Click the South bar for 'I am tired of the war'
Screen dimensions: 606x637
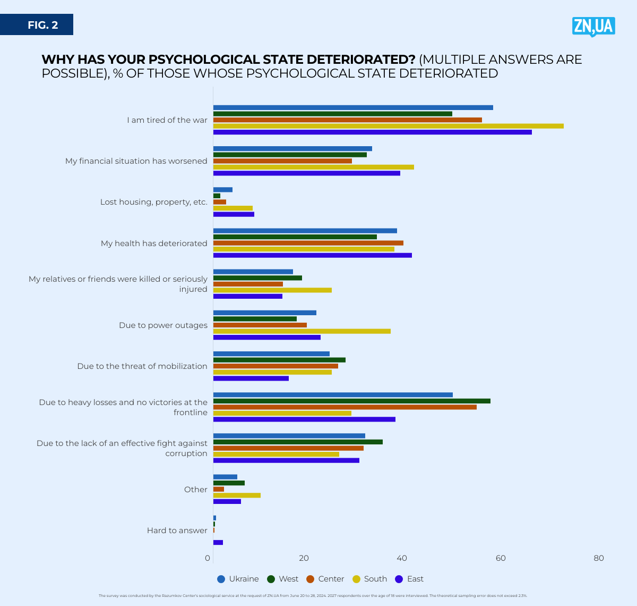(388, 126)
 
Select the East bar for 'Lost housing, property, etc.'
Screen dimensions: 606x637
(234, 214)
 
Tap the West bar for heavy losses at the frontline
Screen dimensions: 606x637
(351, 401)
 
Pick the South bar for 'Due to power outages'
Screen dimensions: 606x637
(302, 331)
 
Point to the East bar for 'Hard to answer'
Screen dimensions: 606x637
(218, 542)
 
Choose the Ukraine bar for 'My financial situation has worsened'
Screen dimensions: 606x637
(292, 149)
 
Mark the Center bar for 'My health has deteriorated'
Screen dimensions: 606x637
(308, 243)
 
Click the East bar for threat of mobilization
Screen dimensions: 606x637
(251, 378)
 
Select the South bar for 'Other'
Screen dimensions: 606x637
(237, 495)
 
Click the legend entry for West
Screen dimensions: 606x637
(283, 579)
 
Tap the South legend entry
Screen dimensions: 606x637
(369, 579)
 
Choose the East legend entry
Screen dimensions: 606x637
(409, 579)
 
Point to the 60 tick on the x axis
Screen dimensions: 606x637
(501, 558)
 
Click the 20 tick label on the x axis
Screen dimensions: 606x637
(304, 558)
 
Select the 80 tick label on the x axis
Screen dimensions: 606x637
(599, 558)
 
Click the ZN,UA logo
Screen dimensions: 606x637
(593, 26)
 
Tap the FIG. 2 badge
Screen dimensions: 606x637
(42, 25)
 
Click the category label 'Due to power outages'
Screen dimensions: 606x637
(163, 325)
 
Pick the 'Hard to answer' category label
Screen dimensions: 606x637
(177, 531)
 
